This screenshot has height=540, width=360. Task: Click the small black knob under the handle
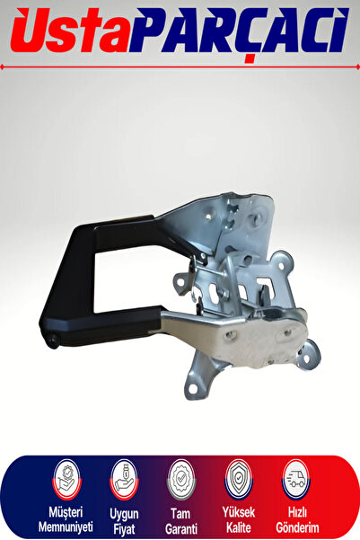pyautogui.click(x=53, y=341)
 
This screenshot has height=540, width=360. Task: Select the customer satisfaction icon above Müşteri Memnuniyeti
pyautogui.click(x=66, y=480)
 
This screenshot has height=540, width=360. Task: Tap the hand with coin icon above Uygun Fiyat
pyautogui.click(x=124, y=480)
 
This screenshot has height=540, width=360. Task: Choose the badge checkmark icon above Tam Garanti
pyautogui.click(x=181, y=480)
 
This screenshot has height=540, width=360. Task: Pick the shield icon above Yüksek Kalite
pyautogui.click(x=239, y=480)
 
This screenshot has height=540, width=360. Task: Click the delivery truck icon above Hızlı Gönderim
pyautogui.click(x=295, y=480)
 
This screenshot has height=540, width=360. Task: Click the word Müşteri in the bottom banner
pyautogui.click(x=66, y=512)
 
